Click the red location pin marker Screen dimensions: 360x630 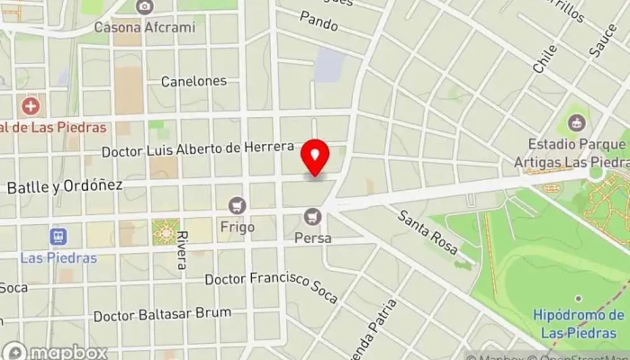coord(315,157)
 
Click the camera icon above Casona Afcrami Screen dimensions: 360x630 coord(144,7)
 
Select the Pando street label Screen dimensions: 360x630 coord(319,17)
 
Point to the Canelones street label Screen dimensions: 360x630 coord(193,81)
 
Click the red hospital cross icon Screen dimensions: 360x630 coord(32,107)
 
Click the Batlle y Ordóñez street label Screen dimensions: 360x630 coord(64,185)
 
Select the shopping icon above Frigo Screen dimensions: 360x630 coord(238,206)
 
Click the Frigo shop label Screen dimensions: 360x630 coord(238,227)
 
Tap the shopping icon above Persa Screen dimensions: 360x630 coord(313,217)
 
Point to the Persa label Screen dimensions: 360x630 coord(313,238)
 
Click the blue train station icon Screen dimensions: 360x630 coord(59,237)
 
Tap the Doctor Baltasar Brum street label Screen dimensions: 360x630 coord(162,315)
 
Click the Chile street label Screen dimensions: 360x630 coord(544,59)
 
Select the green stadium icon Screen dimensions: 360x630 coord(574,121)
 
